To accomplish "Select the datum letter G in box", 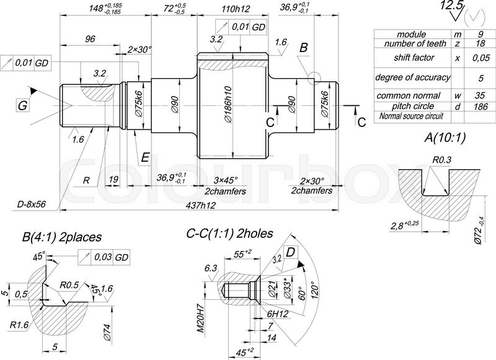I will pos(22,106).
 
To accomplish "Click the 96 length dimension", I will pos(91,38).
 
